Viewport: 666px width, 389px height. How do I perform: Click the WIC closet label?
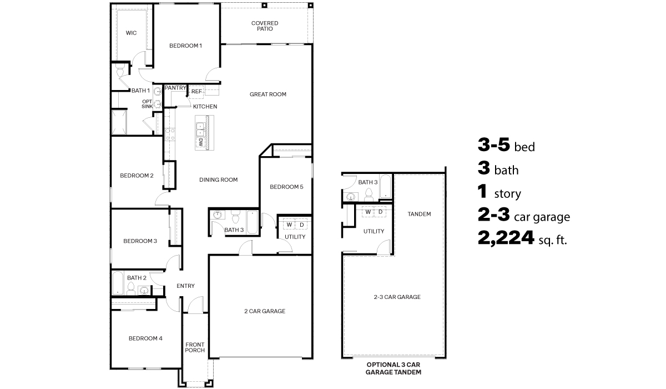[131, 33]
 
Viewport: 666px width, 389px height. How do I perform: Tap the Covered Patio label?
[265, 26]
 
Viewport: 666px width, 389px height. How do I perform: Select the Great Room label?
[268, 94]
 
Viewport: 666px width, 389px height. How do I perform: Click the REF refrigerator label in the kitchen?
[196, 92]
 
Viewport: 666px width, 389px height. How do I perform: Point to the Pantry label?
[175, 88]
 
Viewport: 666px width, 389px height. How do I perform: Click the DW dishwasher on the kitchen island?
[200, 142]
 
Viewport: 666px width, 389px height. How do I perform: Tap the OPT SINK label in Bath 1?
[147, 104]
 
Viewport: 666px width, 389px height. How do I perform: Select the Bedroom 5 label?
[286, 187]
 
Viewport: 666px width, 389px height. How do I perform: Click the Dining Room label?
[219, 179]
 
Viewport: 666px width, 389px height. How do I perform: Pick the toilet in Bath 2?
[131, 288]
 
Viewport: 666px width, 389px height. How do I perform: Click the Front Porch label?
[195, 347]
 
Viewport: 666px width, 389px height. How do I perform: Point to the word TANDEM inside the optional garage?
[419, 214]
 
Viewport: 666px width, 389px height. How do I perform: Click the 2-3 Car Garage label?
[397, 297]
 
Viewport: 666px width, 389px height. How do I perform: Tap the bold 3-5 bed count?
[494, 146]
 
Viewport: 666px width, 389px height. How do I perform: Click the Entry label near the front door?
[185, 286]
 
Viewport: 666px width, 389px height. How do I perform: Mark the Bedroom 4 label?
[145, 338]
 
